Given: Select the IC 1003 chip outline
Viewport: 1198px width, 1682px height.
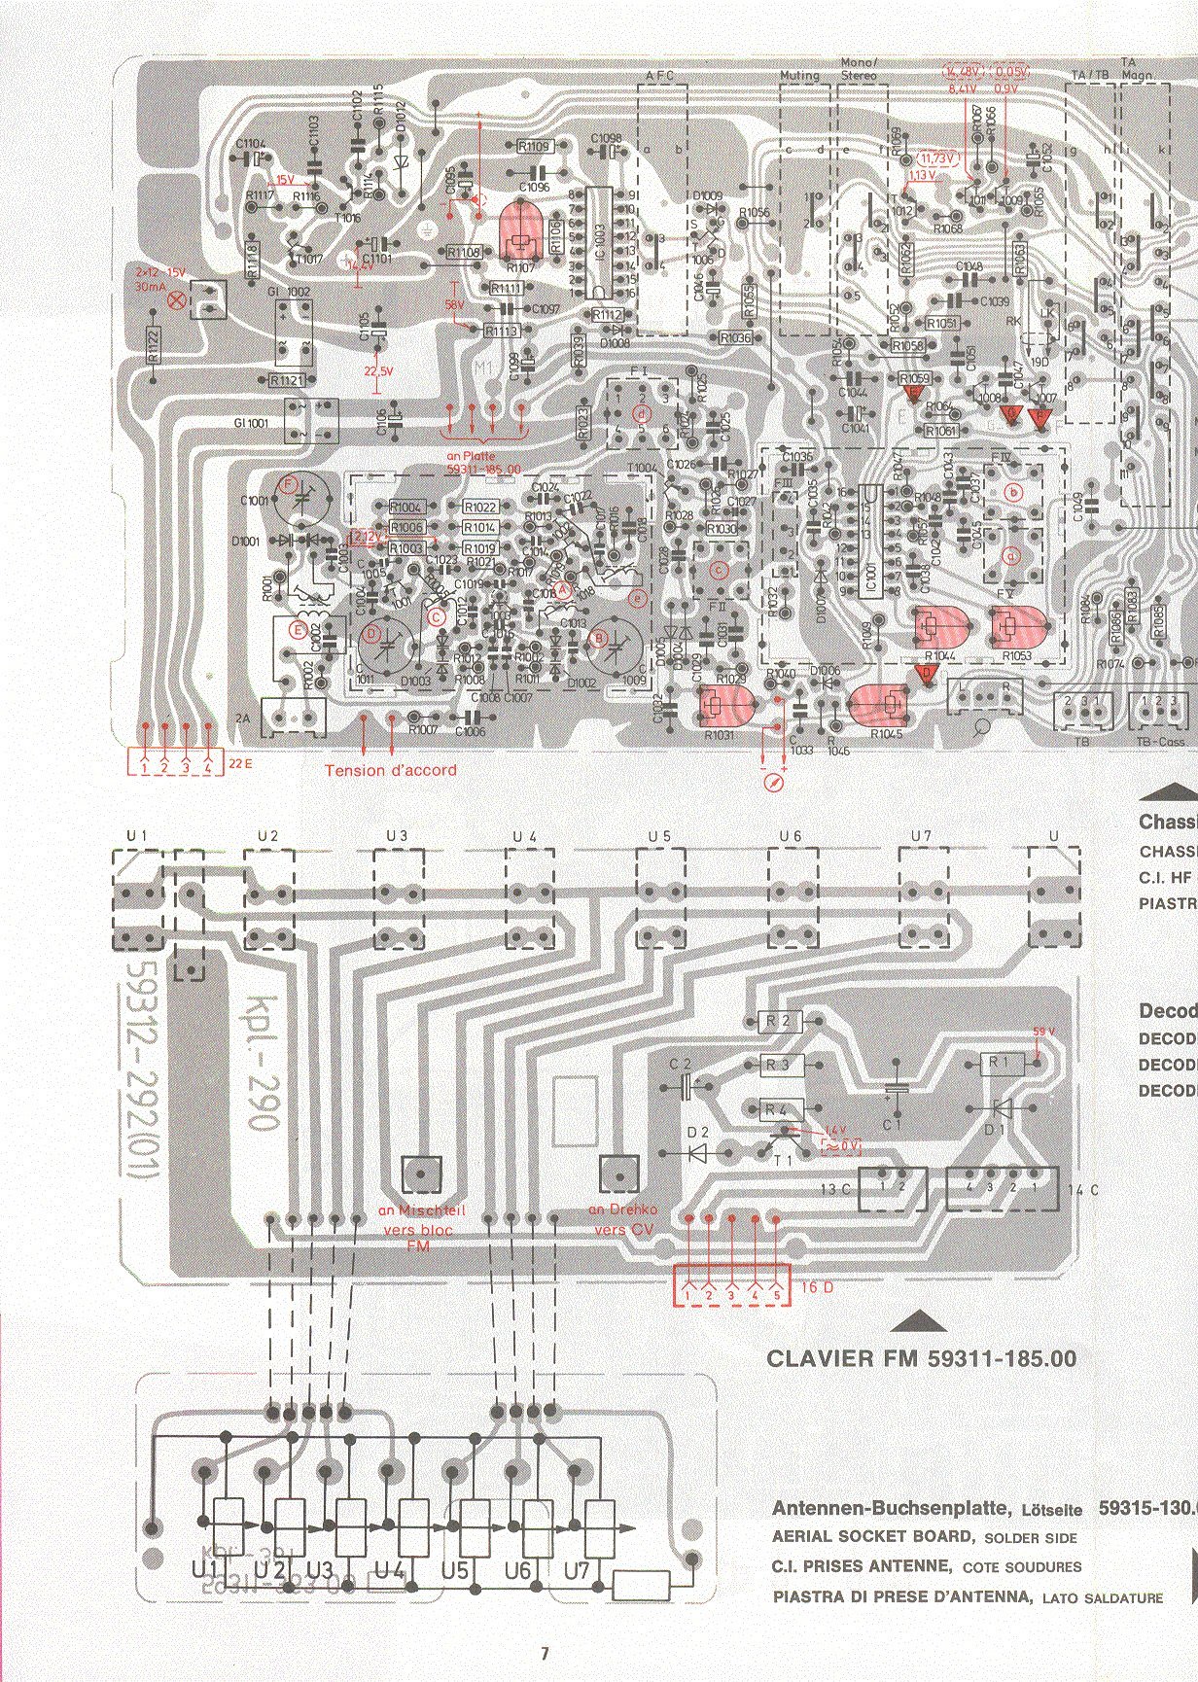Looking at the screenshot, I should [x=599, y=247].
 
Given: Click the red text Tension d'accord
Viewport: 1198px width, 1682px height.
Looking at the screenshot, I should [x=390, y=770].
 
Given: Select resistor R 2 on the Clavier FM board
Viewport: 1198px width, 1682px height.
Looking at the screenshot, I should [x=779, y=1021].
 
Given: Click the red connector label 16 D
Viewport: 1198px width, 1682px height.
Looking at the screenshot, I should [x=815, y=1287].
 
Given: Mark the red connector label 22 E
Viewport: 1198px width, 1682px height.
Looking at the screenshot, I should [x=239, y=764].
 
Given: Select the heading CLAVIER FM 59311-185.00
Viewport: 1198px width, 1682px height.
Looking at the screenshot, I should [x=921, y=1358].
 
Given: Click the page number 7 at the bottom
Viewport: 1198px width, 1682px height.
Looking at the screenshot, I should [x=545, y=1652].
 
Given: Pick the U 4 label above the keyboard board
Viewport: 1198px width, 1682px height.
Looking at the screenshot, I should [x=524, y=836].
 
